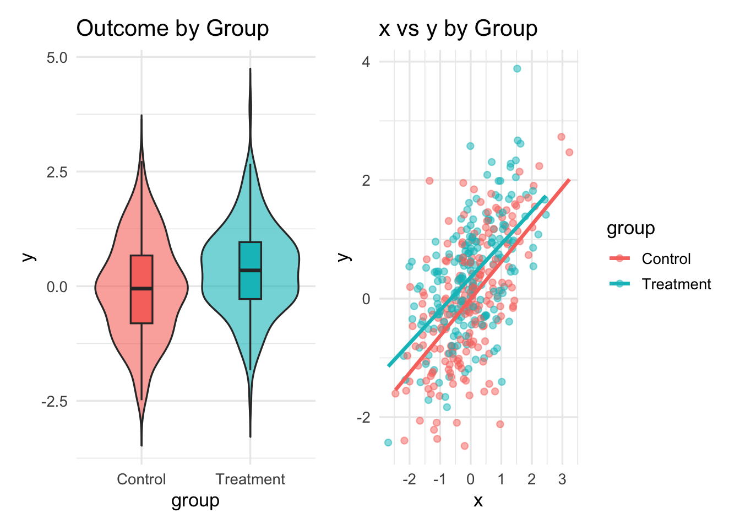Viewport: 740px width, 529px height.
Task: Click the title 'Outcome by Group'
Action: [172, 29]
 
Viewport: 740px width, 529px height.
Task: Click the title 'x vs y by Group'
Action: [458, 29]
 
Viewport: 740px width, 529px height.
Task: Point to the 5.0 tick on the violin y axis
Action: [57, 57]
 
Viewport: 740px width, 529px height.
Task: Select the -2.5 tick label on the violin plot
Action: [55, 401]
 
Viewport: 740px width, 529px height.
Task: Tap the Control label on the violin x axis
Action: [141, 479]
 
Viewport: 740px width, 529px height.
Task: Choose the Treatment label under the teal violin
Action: [250, 479]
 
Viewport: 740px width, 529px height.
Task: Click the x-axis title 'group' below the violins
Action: [195, 500]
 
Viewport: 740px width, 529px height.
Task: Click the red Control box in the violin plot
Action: [142, 309]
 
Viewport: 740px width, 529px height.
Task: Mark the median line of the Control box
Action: [142, 288]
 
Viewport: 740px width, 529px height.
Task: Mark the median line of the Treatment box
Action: [250, 270]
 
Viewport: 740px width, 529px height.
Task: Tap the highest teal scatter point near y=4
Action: [517, 69]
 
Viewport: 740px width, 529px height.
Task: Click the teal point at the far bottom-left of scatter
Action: [388, 442]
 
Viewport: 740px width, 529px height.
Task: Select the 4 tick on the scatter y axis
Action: [366, 62]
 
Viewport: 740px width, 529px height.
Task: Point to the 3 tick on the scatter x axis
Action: [562, 479]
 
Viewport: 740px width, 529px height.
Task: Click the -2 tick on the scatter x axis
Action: [409, 479]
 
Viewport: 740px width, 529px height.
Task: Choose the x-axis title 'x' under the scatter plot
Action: [478, 500]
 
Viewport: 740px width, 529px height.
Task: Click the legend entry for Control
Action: [666, 258]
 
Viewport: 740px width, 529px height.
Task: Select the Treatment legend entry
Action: [676, 284]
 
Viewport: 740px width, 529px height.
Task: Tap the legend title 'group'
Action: [630, 228]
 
